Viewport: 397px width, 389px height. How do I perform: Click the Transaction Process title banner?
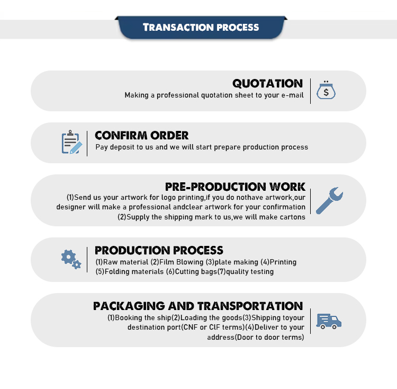201,28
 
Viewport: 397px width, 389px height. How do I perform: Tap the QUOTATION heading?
268,84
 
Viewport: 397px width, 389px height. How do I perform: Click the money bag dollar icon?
326,90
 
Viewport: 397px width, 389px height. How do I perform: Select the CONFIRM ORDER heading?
142,136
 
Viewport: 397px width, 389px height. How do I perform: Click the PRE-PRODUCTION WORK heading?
235,187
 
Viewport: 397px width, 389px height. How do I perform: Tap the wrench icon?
329,200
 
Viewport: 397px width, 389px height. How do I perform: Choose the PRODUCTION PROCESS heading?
159,250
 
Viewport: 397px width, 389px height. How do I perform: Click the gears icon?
71,259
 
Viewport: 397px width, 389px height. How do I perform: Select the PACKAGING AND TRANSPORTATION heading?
198,306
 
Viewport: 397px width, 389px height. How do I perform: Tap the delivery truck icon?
329,321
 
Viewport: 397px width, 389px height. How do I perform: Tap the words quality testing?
250,272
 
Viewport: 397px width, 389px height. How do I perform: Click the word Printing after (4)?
283,262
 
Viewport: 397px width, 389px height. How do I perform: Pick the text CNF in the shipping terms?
191,328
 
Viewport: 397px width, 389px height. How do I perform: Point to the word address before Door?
221,338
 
